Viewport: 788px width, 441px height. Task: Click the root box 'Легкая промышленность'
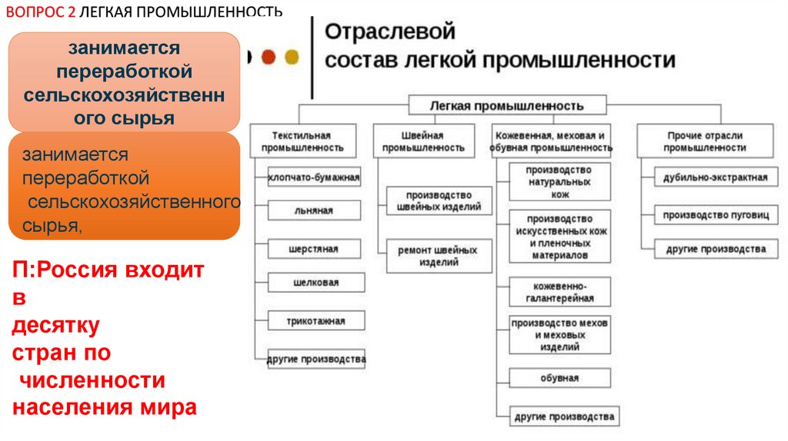[x=507, y=105]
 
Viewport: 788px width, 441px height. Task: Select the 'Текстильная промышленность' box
[x=302, y=141]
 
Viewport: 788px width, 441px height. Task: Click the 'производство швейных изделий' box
[x=439, y=201]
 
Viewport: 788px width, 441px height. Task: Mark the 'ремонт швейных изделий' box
[x=439, y=256]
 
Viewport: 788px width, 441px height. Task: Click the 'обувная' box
[x=559, y=378]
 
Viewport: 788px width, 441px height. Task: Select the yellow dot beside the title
[x=292, y=56]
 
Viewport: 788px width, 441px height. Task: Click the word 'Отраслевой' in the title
[x=389, y=32]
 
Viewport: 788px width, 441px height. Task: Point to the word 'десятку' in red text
[x=56, y=326]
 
